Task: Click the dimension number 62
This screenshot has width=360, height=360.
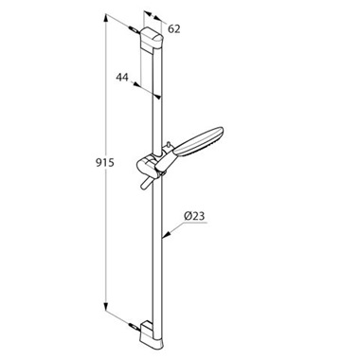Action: pos(174,27)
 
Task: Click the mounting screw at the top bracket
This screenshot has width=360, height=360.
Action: pos(135,29)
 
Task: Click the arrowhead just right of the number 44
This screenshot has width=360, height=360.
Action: pos(144,83)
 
